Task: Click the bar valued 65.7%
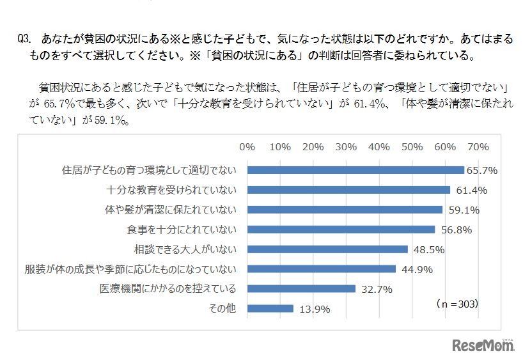click(x=355, y=170)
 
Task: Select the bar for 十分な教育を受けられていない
click(x=348, y=190)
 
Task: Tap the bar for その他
click(x=270, y=308)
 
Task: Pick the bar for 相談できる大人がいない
click(x=327, y=249)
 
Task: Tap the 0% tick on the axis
click(x=247, y=146)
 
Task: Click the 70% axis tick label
click(x=478, y=146)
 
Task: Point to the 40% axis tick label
click(x=379, y=146)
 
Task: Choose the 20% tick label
click(x=313, y=146)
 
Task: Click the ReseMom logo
click(x=484, y=345)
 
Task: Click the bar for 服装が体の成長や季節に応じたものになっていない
click(x=322, y=269)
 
